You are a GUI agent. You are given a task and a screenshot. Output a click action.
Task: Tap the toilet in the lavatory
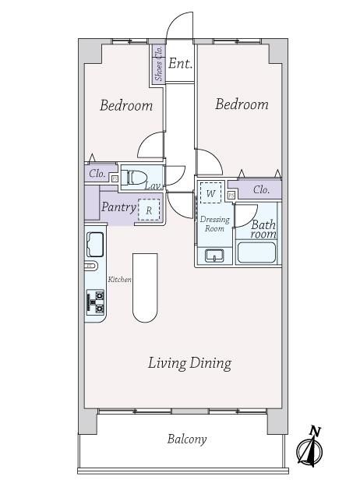click(x=134, y=177)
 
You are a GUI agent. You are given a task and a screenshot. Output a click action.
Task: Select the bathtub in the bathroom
click(x=257, y=252)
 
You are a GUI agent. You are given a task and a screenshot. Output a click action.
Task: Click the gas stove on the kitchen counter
click(x=96, y=302)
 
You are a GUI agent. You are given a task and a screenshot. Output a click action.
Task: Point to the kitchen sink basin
click(x=95, y=245)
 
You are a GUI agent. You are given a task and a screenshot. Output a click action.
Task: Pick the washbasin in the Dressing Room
click(x=214, y=256)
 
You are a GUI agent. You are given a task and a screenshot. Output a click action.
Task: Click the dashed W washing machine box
click(x=210, y=192)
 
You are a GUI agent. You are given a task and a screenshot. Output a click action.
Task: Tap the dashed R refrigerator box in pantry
click(x=149, y=210)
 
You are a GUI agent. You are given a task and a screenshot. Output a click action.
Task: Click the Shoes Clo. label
click(x=159, y=63)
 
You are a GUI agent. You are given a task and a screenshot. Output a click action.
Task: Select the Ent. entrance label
click(x=180, y=63)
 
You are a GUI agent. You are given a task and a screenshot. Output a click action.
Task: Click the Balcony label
click(x=187, y=439)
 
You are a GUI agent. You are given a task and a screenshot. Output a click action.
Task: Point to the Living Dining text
click(x=190, y=363)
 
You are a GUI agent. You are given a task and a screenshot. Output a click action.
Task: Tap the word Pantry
click(x=118, y=207)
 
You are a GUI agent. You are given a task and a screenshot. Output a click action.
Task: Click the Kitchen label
click(x=120, y=279)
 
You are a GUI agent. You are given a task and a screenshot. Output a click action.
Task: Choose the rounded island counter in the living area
click(x=145, y=288)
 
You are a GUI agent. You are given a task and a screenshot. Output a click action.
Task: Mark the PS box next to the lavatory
click(x=115, y=178)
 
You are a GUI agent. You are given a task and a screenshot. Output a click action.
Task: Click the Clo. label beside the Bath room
click(x=261, y=190)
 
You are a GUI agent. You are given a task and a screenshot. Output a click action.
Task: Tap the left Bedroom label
click(x=126, y=105)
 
